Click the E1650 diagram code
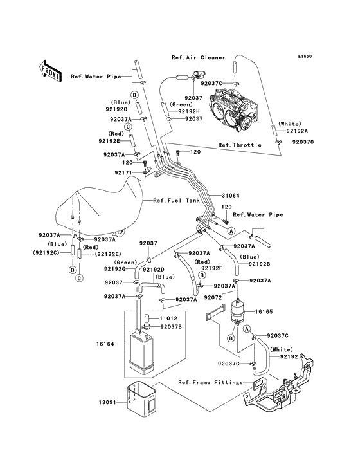pos(305,56)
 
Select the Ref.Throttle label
pos(240,145)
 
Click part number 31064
pos(230,196)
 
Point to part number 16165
pos(264,312)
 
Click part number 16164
pos(105,344)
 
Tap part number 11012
pos(168,319)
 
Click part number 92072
pos(213,298)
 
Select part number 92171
pos(123,172)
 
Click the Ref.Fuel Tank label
pos(176,201)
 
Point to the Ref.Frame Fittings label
pos(210,382)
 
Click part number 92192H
pos(189,111)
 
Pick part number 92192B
pos(259,264)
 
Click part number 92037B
pos(171,326)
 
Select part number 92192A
pos(297,131)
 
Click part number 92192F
pos(212,268)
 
